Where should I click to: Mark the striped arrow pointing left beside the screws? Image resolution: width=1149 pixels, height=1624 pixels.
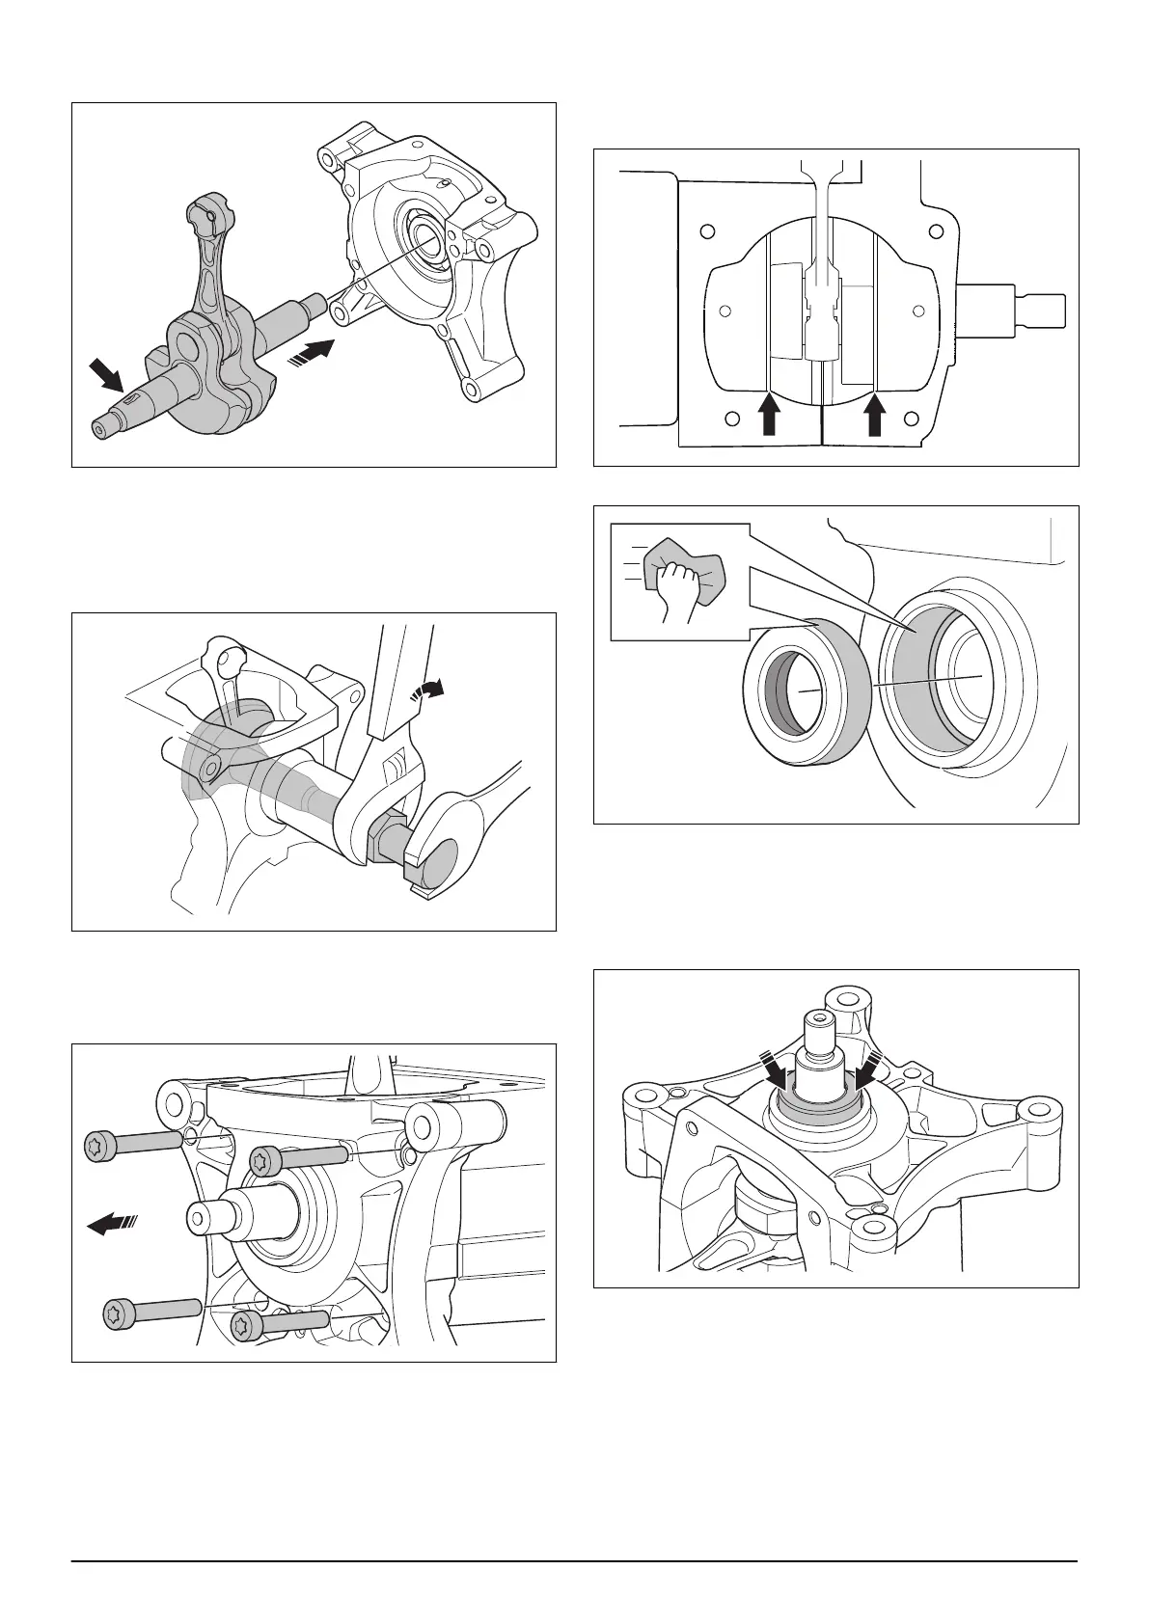coord(112,1225)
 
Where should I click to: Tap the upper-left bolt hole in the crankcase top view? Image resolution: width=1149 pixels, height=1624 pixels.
coord(707,231)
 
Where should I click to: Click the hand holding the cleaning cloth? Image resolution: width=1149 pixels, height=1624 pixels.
coord(674,587)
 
